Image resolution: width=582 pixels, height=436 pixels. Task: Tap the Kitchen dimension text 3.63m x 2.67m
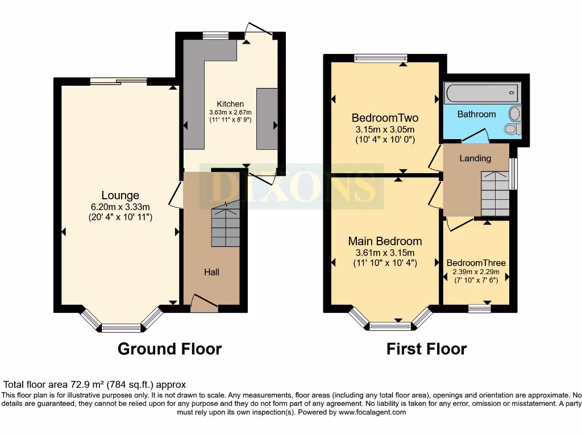pyautogui.click(x=230, y=112)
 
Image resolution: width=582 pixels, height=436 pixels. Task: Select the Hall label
pyautogui.click(x=212, y=272)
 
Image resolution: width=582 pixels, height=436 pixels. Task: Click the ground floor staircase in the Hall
pyautogui.click(x=226, y=226)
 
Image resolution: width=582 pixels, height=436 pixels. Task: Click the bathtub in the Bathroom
pyautogui.click(x=482, y=91)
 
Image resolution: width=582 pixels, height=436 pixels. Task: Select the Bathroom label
pyautogui.click(x=476, y=114)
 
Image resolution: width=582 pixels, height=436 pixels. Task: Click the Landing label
pyautogui.click(x=475, y=158)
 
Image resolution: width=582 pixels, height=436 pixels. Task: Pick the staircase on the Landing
pyautogui.click(x=495, y=194)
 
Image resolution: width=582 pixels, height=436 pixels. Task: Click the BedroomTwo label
pyautogui.click(x=385, y=118)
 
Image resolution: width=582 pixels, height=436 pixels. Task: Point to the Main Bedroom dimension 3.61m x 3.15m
pyautogui.click(x=385, y=253)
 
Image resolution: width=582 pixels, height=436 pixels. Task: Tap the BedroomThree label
pyautogui.click(x=476, y=263)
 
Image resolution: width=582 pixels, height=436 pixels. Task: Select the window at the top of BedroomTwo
pyautogui.click(x=380, y=57)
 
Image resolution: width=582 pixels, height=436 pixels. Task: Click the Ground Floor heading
pyautogui.click(x=169, y=349)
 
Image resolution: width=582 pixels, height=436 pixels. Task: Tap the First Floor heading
pyautogui.click(x=426, y=349)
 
